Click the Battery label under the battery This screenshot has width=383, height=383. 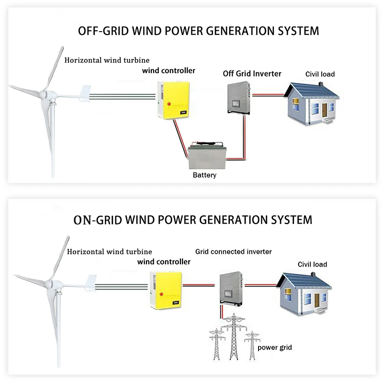(204, 175)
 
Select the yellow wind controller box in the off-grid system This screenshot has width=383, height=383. (173, 100)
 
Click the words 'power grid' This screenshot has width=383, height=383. (275, 348)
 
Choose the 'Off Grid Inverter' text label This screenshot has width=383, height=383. (252, 74)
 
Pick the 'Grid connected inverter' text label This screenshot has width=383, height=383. (234, 251)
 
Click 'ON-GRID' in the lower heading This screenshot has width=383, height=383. (98, 220)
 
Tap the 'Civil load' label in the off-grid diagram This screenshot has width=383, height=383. (320, 74)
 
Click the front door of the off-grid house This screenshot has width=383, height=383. (325, 112)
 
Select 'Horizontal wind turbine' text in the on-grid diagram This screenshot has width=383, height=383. (109, 251)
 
